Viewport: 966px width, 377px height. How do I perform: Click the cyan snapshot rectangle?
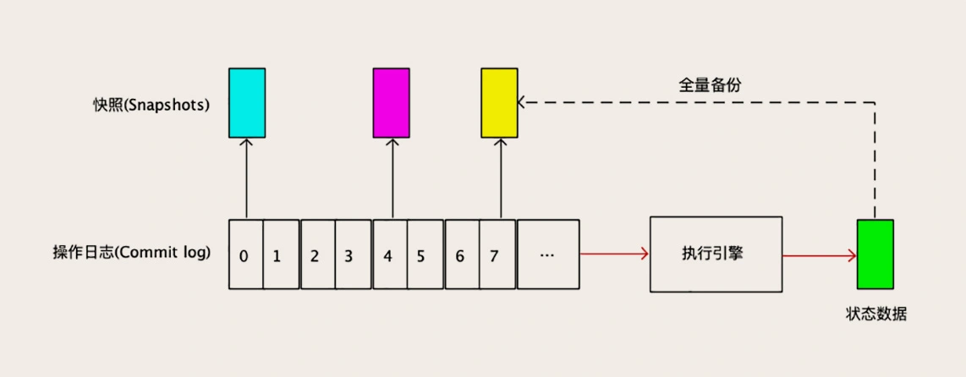pyautogui.click(x=247, y=103)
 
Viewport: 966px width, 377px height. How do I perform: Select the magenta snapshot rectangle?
pyautogui.click(x=392, y=103)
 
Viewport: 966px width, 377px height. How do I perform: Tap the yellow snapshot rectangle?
pyautogui.click(x=499, y=103)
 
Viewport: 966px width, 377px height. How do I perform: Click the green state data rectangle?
pyautogui.click(x=875, y=254)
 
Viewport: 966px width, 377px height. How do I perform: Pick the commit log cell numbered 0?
pyautogui.click(x=245, y=254)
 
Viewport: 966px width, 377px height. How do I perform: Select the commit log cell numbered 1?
pyautogui.click(x=281, y=254)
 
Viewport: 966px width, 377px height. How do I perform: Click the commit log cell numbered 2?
pyautogui.click(x=317, y=254)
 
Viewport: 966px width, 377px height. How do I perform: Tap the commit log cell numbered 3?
pyautogui.click(x=353, y=254)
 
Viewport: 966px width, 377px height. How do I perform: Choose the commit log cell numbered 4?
pyautogui.click(x=389, y=254)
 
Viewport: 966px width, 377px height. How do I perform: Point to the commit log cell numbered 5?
pyautogui.click(x=425, y=254)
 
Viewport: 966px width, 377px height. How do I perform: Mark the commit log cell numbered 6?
pyautogui.click(x=462, y=254)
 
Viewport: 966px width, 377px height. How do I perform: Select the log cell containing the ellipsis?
pyautogui.click(x=548, y=254)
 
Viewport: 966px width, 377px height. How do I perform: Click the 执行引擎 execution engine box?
pyautogui.click(x=716, y=254)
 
